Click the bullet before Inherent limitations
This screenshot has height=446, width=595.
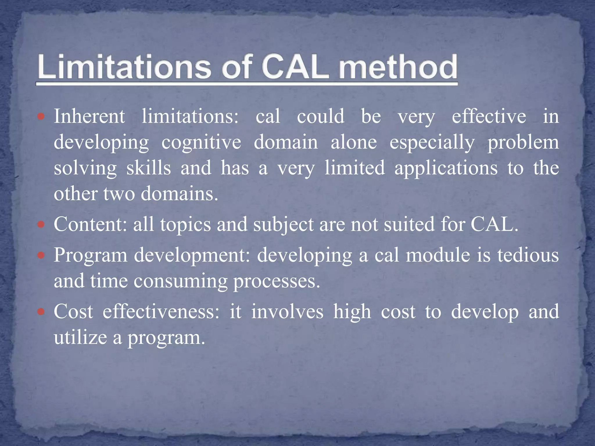(41, 117)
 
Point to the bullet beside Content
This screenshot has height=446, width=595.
(41, 225)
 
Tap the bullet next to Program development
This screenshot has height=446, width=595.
(41, 256)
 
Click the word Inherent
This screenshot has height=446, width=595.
(89, 116)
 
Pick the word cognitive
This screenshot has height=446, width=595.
(201, 142)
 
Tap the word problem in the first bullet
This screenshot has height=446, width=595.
(523, 142)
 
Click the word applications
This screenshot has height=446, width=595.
(446, 168)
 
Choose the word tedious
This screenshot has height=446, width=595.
(528, 255)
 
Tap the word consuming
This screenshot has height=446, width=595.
(180, 281)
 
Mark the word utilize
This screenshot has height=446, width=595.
(80, 337)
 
